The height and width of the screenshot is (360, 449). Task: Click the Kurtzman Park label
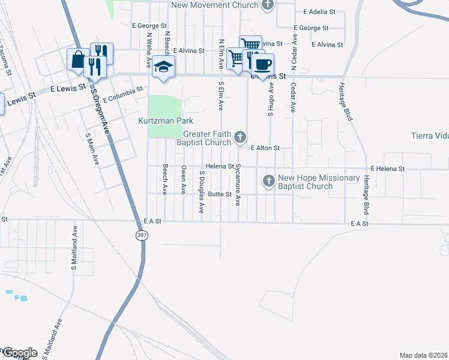(164, 121)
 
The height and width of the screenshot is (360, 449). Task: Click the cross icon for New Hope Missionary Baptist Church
(268, 180)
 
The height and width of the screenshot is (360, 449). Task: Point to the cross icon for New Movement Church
(267, 5)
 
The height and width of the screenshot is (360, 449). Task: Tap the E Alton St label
(265, 148)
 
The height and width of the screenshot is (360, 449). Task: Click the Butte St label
(220, 194)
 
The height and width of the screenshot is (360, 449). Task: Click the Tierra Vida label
(430, 136)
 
